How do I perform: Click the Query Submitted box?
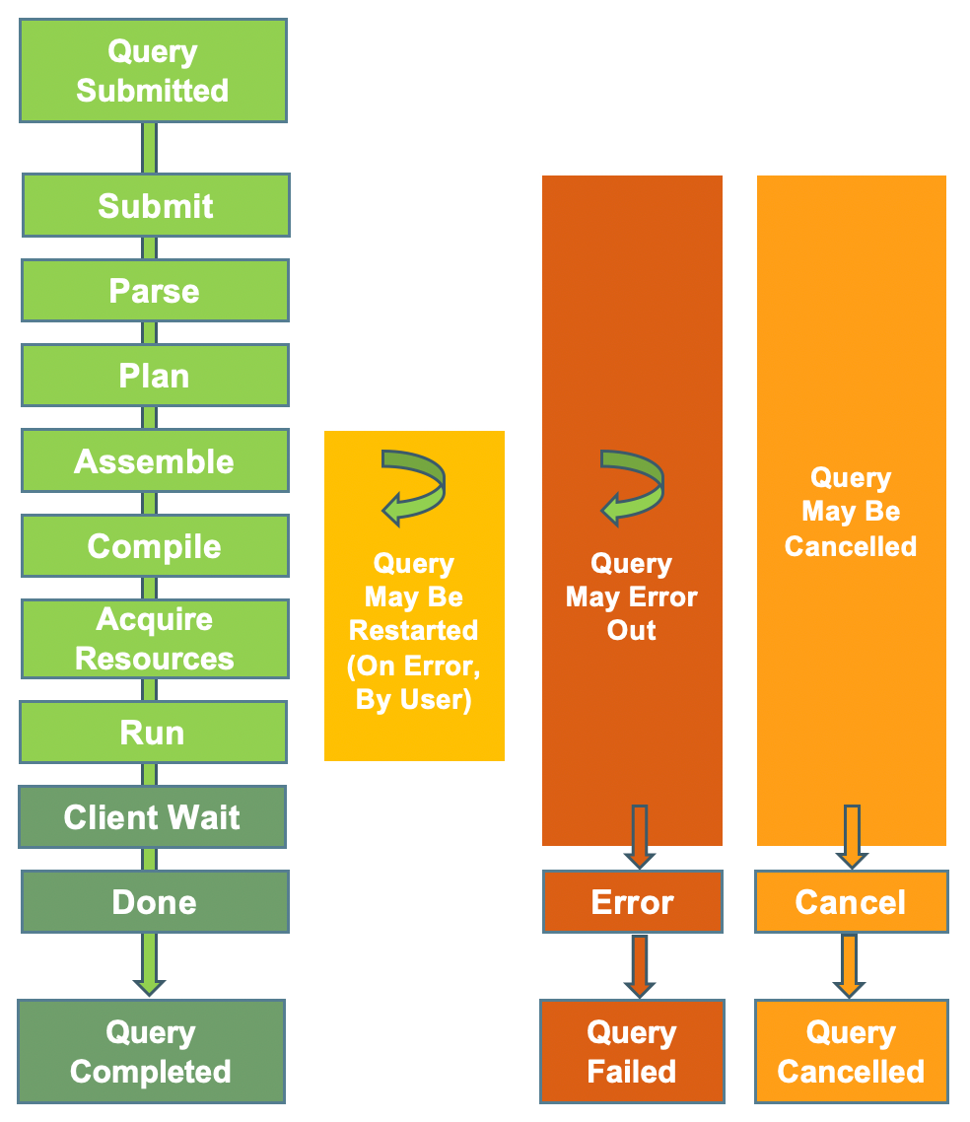(x=153, y=70)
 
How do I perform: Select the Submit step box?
(x=156, y=205)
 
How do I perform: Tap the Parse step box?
(x=155, y=291)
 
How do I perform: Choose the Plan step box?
(x=155, y=376)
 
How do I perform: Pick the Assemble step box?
(x=155, y=460)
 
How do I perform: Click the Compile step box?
(x=155, y=546)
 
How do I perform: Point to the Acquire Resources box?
(x=155, y=639)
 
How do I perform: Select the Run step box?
(x=153, y=733)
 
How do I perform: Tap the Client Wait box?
(x=152, y=817)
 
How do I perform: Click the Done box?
(x=155, y=902)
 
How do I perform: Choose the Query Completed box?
(x=151, y=1051)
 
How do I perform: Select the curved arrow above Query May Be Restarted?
(x=414, y=486)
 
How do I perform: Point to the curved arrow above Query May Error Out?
(x=632, y=486)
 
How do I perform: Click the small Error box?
(x=632, y=902)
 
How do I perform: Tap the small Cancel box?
(x=851, y=902)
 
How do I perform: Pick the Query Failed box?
(x=632, y=1051)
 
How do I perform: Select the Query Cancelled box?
(x=851, y=1051)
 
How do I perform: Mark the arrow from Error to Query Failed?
(x=640, y=966)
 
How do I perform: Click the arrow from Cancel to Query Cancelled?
(x=849, y=966)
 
